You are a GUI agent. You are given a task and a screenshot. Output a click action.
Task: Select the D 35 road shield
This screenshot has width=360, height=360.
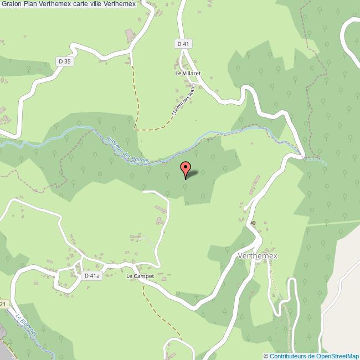(x=64, y=61)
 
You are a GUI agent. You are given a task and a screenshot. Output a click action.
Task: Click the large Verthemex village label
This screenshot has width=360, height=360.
(x=257, y=256)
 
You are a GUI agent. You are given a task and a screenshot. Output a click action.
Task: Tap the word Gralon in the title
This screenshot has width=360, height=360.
(x=12, y=4)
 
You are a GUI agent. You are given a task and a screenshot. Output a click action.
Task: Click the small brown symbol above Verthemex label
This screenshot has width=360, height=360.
(x=253, y=223)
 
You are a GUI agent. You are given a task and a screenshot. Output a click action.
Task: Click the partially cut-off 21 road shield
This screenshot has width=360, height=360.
(x=3, y=305)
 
